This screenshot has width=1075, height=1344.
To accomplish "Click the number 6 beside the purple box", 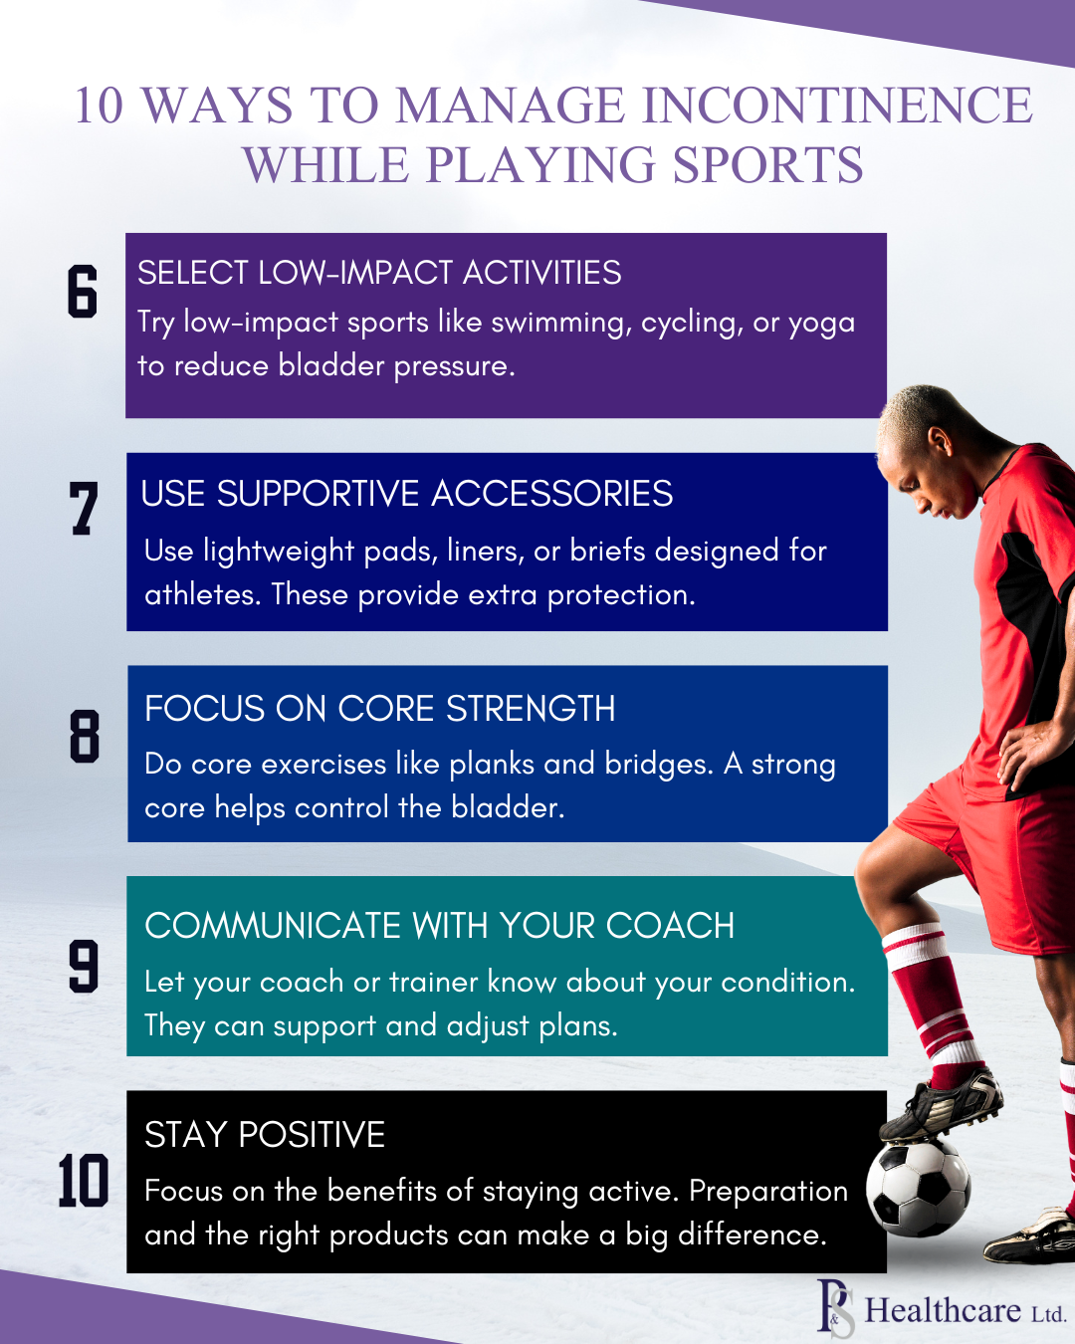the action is (83, 291).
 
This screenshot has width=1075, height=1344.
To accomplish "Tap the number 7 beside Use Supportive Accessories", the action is (83, 508).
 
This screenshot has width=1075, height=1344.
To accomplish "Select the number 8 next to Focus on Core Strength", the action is (85, 736).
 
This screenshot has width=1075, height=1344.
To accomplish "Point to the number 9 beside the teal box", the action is (84, 966).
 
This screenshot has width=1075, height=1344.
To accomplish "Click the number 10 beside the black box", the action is (84, 1180).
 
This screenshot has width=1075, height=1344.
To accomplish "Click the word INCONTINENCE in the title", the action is (837, 105).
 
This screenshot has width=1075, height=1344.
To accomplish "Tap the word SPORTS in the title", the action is (768, 164).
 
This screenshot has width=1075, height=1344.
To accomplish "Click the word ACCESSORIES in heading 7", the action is (552, 494).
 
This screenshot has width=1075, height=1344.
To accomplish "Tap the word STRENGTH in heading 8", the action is (531, 709).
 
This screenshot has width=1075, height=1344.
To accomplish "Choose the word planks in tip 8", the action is (492, 766).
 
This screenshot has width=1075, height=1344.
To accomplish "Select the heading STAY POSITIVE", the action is (264, 1134).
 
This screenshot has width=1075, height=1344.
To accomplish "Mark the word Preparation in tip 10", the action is (768, 1193).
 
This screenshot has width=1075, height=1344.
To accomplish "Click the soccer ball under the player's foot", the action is (918, 1191).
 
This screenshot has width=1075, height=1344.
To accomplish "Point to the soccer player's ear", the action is (938, 441).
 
